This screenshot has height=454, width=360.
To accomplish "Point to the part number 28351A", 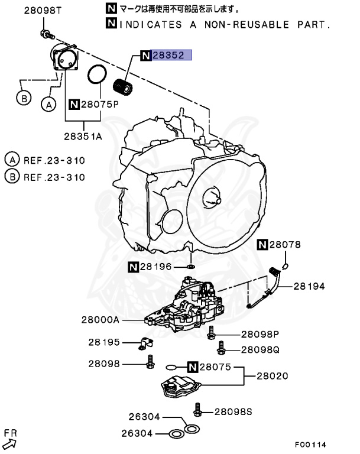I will pyautogui.click(x=83, y=136).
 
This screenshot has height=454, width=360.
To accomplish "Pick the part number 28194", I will pyautogui.click(x=310, y=286).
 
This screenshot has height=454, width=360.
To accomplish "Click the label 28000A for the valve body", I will pyautogui.click(x=100, y=320).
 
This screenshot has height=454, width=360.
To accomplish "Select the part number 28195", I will pyautogui.click(x=104, y=342).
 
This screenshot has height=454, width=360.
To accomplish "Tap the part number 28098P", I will pyautogui.click(x=260, y=333).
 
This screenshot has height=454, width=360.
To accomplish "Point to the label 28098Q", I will pyautogui.click(x=260, y=349).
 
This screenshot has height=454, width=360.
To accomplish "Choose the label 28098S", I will pyautogui.click(x=233, y=411).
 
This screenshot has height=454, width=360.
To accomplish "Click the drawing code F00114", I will pyautogui.click(x=310, y=444).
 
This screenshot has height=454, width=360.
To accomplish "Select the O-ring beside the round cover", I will pyautogui.click(x=97, y=75).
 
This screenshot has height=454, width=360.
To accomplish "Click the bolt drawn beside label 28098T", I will pyautogui.click(x=44, y=34).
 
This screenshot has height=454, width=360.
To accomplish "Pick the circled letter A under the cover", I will pyautogui.click(x=48, y=104).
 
